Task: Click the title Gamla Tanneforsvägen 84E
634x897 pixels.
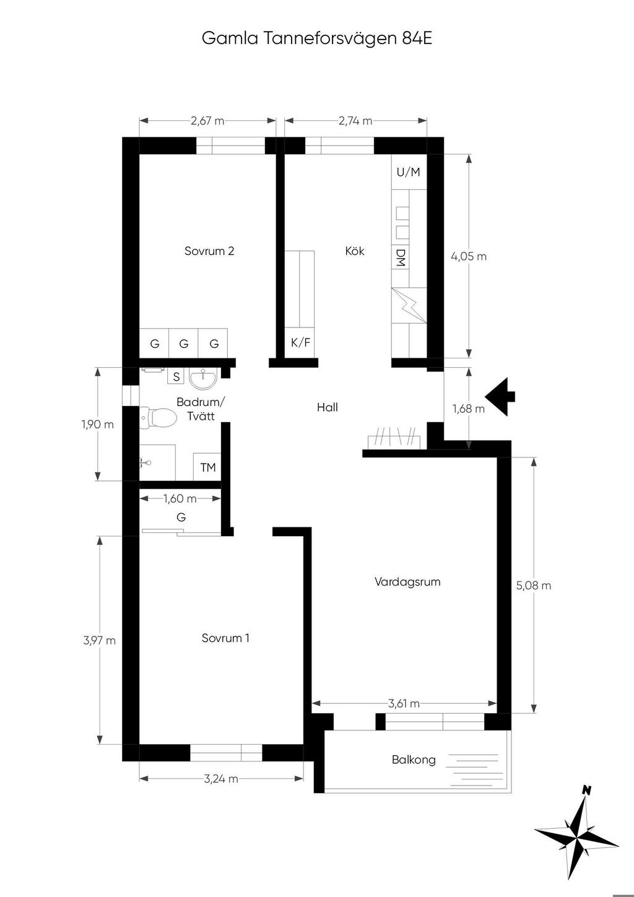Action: pyautogui.click(x=317, y=39)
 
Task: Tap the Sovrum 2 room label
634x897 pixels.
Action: pyautogui.click(x=209, y=251)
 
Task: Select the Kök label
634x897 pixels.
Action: pyautogui.click(x=355, y=251)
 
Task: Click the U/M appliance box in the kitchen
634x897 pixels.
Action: pyautogui.click(x=409, y=172)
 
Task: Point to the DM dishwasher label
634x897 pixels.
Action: pyautogui.click(x=401, y=258)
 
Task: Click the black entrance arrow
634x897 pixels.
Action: pyautogui.click(x=500, y=396)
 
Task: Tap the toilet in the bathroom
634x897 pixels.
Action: pyautogui.click(x=158, y=418)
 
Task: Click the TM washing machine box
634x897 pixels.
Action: pyautogui.click(x=207, y=467)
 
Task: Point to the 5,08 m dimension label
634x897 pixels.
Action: pyautogui.click(x=534, y=586)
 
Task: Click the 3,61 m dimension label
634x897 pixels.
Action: pyautogui.click(x=404, y=703)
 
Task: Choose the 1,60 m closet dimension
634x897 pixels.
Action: pyautogui.click(x=180, y=498)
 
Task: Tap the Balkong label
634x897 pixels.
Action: pyautogui.click(x=414, y=760)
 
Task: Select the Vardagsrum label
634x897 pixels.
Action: pyautogui.click(x=407, y=581)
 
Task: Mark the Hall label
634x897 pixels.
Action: pyautogui.click(x=328, y=407)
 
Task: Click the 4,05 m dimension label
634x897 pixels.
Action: pyautogui.click(x=469, y=256)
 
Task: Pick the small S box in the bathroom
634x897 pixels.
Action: pyautogui.click(x=176, y=377)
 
